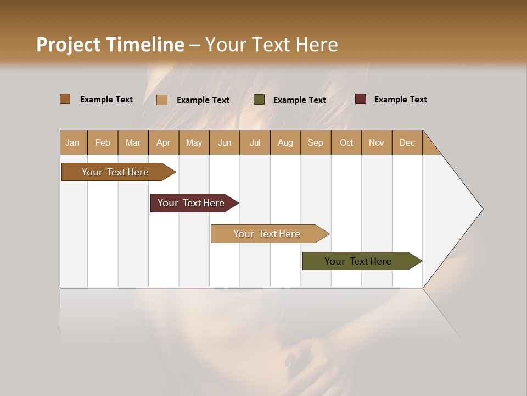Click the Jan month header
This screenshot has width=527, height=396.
pos(73,142)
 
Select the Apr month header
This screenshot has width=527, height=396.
pos(164,142)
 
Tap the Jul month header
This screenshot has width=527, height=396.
pos(255,142)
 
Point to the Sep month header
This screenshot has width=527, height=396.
pos(316,142)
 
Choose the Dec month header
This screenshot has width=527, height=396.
pos(407,142)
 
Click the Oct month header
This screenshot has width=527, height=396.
pos(346,142)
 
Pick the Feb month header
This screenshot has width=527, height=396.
pos(103,142)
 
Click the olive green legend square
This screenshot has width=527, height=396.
pos(259,100)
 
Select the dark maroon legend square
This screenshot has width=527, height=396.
pos(360,99)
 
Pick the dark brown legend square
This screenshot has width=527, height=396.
pos(65,99)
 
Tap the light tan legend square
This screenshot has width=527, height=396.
pos(161,100)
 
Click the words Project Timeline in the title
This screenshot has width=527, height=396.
pos(110,45)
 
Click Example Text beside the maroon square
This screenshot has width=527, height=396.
pos(400,100)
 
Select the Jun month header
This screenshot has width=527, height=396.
pos(225,142)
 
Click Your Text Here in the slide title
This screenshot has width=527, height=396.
pos(272,45)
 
